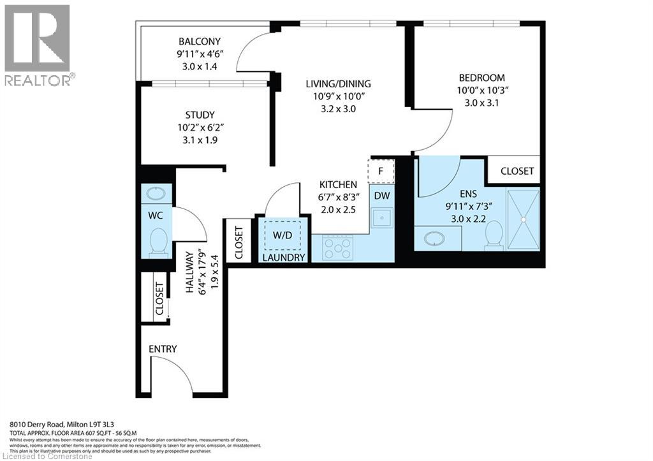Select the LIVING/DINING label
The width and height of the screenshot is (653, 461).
[x=338, y=84]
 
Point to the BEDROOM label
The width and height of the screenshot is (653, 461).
[x=481, y=78]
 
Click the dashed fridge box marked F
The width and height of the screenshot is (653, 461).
[x=381, y=171]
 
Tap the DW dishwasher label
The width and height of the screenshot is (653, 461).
[x=382, y=196]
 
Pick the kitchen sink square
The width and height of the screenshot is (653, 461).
[x=382, y=219]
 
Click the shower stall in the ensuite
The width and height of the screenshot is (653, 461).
[x=523, y=219]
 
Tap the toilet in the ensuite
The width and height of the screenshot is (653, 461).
[x=494, y=235]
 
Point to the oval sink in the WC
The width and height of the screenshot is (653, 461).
[x=156, y=193]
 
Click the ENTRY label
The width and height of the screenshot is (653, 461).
[x=163, y=349]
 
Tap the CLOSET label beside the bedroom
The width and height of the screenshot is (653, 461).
[x=517, y=171]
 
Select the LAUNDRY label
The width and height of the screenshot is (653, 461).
[x=284, y=258]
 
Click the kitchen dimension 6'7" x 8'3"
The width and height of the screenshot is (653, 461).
[x=338, y=197]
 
